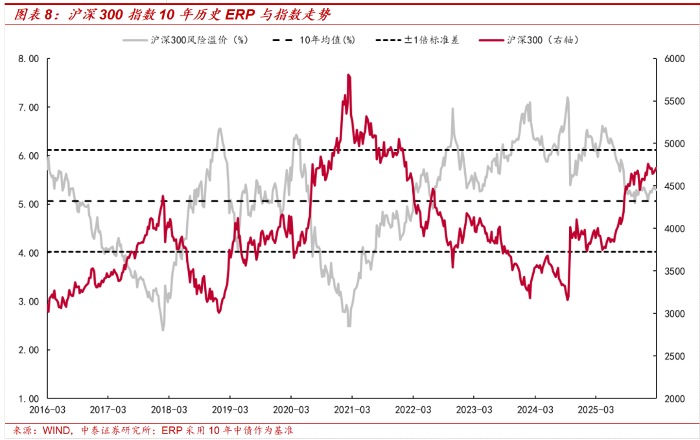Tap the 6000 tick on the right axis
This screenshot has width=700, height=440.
pyautogui.click(x=674, y=58)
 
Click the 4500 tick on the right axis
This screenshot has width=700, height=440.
pyautogui.click(x=674, y=186)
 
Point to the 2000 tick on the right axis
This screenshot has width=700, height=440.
pyautogui.click(x=674, y=399)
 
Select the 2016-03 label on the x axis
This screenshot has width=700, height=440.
pyautogui.click(x=47, y=410)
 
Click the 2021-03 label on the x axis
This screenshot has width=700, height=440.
pyautogui.click(x=352, y=410)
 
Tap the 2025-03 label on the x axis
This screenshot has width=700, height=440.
pyautogui.click(x=596, y=410)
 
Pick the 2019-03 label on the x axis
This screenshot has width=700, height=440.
pyautogui.click(x=230, y=410)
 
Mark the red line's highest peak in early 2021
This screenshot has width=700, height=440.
pyautogui.click(x=349, y=75)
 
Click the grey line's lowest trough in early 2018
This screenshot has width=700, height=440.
pyautogui.click(x=163, y=329)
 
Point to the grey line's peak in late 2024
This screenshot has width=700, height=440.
pyautogui.click(x=567, y=98)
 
